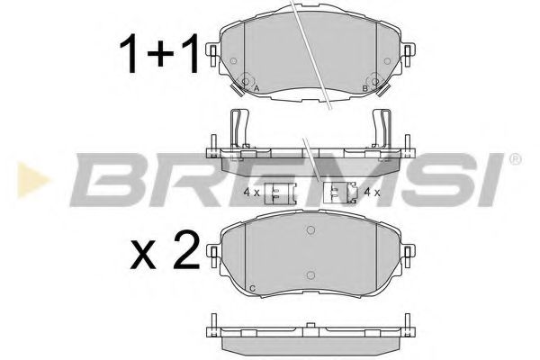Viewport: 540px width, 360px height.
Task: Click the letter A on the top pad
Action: (x=256, y=89)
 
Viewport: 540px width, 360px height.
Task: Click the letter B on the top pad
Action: (x=364, y=88)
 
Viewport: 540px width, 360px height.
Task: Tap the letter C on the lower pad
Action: (x=251, y=287)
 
